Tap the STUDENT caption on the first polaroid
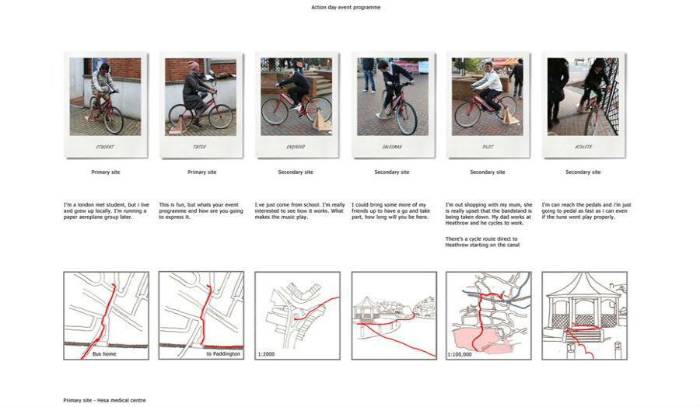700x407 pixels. click(105, 147)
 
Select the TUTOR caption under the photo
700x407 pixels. click(200, 147)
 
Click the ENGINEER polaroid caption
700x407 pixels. click(296, 147)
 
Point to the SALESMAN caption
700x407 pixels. click(391, 147)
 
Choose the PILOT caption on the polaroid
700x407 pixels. click(487, 147)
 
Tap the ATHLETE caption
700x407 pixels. click(583, 147)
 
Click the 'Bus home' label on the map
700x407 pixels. click(103, 354)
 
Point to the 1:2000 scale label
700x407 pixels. click(266, 354)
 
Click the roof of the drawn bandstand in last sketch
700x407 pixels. click(583, 286)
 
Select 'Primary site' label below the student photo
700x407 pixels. click(105, 172)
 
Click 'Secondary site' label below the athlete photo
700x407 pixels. click(583, 172)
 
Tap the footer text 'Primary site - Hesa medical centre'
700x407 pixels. click(104, 400)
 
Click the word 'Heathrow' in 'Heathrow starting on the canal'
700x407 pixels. click(457, 245)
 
